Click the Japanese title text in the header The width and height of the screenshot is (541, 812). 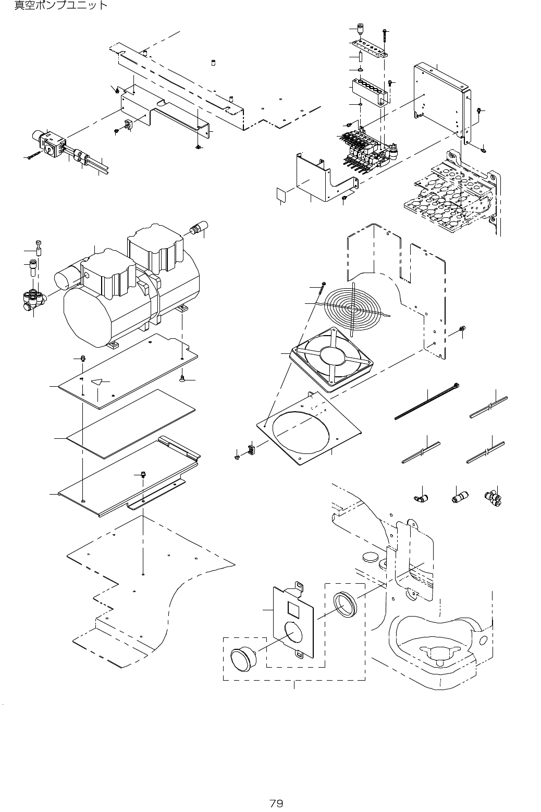click(62, 6)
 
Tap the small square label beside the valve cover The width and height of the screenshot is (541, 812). click(281, 195)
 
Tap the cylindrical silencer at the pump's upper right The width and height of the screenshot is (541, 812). click(199, 227)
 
